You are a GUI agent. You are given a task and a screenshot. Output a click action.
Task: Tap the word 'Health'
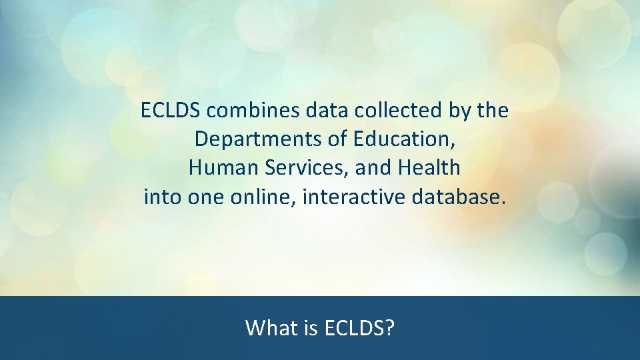(429, 168)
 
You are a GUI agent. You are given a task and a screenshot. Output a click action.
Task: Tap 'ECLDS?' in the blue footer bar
(359, 328)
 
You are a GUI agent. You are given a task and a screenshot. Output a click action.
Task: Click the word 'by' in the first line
(458, 111)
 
